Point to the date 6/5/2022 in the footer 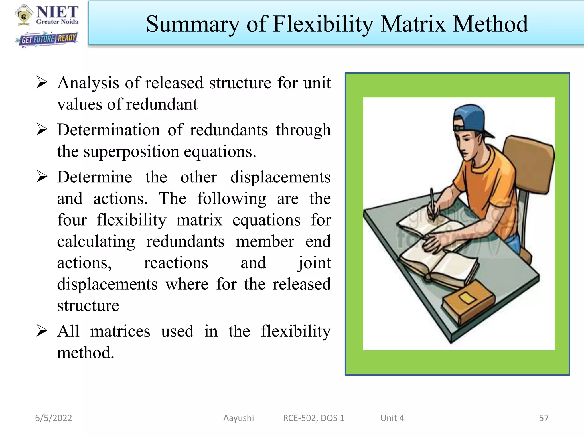click(x=54, y=418)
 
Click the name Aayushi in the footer click(x=238, y=418)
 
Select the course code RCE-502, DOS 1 click(x=314, y=418)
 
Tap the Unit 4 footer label click(x=392, y=418)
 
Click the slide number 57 click(x=544, y=418)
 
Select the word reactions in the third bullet click(x=176, y=263)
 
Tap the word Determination click(x=108, y=130)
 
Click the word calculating click(x=96, y=242)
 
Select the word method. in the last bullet click(x=86, y=353)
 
